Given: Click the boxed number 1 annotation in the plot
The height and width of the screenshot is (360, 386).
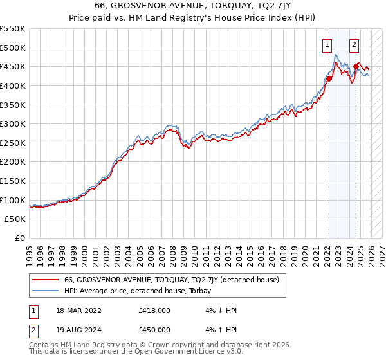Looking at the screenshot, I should (327, 44).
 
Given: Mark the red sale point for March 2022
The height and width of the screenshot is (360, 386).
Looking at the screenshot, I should (328, 78).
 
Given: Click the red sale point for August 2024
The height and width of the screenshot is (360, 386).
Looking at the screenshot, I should (356, 66).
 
